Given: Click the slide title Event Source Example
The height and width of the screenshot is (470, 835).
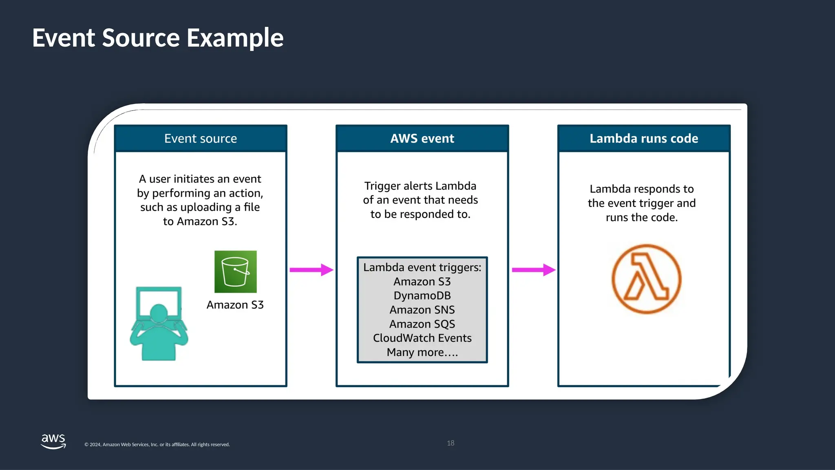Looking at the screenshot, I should [x=157, y=38].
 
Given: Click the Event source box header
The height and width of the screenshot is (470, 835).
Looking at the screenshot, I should [x=201, y=138].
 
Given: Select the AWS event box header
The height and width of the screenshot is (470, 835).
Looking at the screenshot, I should [x=422, y=138].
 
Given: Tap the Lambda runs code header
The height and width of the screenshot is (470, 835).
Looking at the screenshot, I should [x=644, y=138].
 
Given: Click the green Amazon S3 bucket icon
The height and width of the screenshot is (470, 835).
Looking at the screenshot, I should [x=236, y=272].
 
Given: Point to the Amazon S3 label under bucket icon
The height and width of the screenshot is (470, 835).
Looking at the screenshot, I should [x=235, y=305].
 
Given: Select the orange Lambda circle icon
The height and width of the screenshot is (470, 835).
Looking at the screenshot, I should [x=646, y=279].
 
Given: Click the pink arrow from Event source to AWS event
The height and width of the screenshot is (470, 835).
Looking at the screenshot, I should [x=311, y=270].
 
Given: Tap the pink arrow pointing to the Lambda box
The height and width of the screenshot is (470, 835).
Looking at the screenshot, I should [x=533, y=270].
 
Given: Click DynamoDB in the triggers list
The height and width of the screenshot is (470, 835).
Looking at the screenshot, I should [x=422, y=295].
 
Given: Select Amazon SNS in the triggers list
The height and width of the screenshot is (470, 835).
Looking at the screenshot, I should [x=422, y=310].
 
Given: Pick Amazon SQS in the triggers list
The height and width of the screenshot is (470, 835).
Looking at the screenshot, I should [x=422, y=324].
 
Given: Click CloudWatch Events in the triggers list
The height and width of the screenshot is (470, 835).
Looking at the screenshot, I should [x=422, y=338].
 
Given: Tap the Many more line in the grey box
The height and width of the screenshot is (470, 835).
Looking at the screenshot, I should [x=422, y=352].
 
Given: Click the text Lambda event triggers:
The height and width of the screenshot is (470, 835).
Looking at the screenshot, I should [x=422, y=267].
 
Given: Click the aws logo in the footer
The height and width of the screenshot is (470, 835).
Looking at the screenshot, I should [x=53, y=441].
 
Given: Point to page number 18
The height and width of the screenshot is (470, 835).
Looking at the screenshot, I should [x=451, y=443].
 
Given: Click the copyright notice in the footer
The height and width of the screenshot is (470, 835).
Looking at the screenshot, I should [x=157, y=445].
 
